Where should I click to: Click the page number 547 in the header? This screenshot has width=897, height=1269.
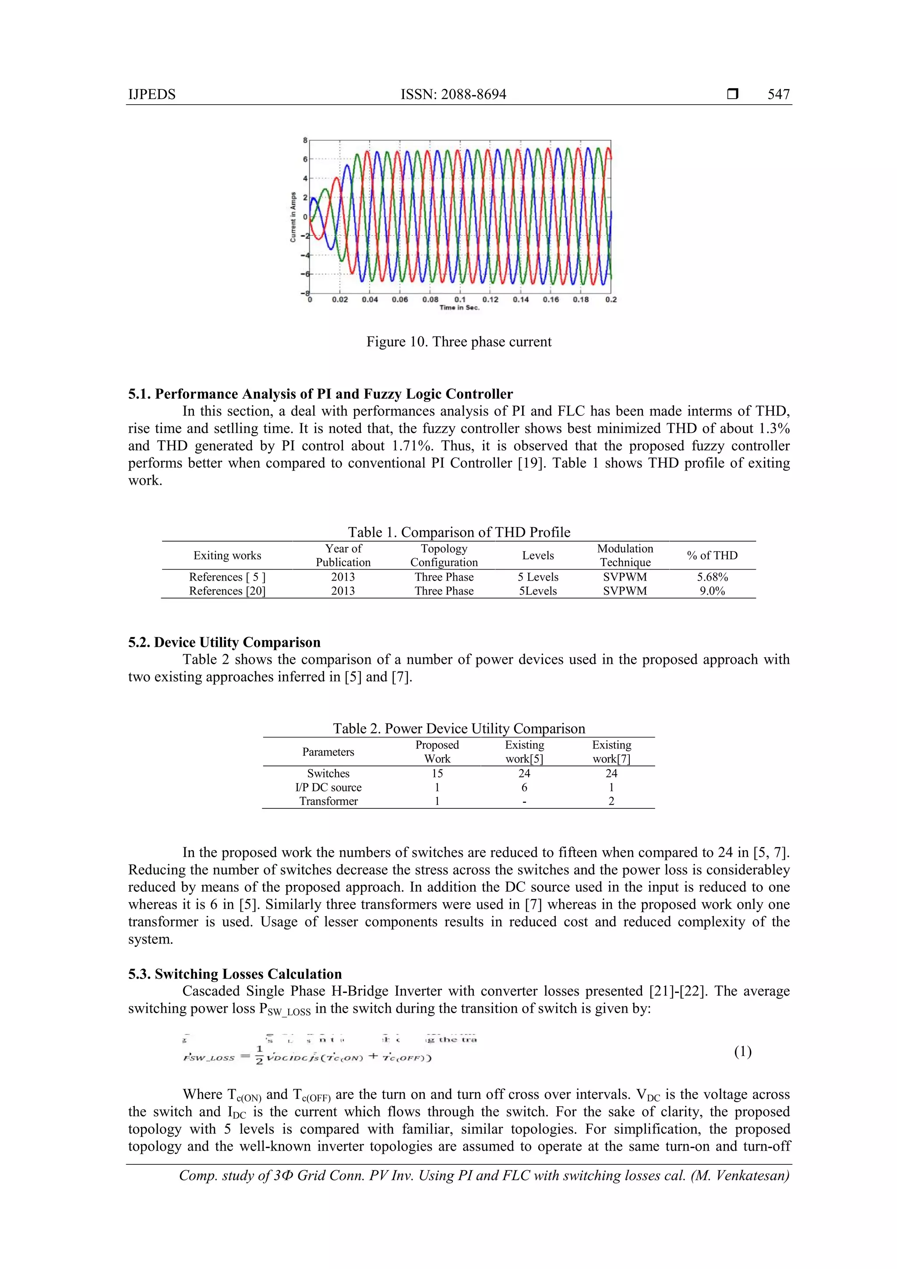pos(778,95)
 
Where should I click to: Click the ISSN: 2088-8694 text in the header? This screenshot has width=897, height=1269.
pos(453,95)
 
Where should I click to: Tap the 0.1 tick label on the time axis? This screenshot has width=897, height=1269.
pos(459,300)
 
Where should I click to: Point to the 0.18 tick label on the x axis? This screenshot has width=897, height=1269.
pos(580,300)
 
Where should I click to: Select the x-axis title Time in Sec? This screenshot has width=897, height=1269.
pos(459,308)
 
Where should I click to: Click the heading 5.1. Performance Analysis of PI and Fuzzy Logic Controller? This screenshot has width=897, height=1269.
pos(320,394)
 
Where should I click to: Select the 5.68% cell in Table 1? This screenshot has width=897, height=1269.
pos(712,577)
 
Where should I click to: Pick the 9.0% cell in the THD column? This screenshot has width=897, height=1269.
pos(712,591)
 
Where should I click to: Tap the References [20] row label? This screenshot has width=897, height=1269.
pos(227,591)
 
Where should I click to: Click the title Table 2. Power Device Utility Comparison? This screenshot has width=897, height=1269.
pos(459,728)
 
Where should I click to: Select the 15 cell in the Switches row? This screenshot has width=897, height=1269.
pos(437,773)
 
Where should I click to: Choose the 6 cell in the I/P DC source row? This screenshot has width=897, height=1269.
pos(524,787)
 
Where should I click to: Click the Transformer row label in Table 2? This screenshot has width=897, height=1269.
pos(328,801)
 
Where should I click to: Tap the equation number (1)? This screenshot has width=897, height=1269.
pos(742,1052)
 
